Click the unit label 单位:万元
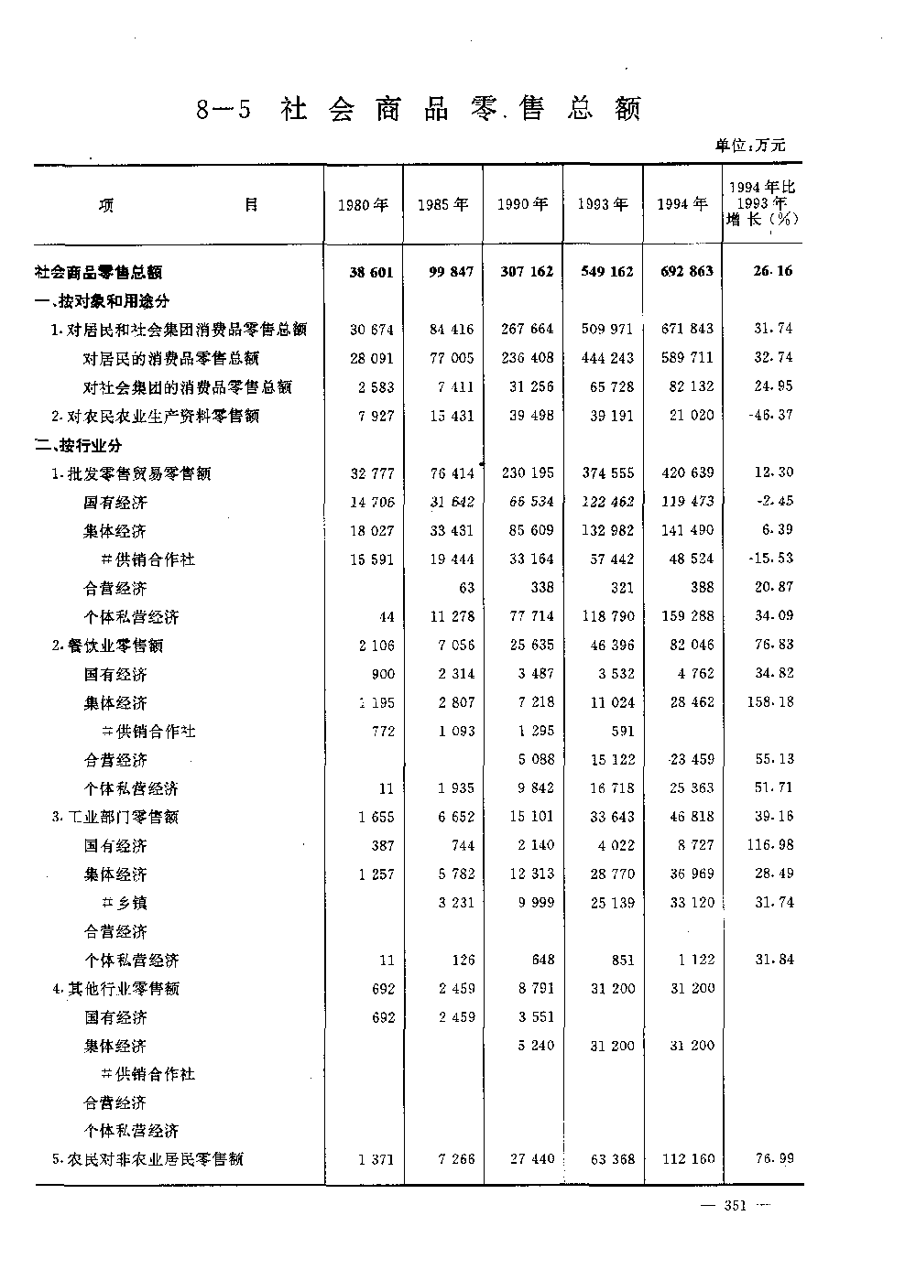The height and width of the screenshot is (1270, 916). (750, 145)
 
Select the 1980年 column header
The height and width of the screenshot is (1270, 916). (363, 205)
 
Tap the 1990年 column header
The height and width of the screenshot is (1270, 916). (522, 205)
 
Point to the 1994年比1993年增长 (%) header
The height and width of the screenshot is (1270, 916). (762, 203)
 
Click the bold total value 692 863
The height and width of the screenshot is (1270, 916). (686, 272)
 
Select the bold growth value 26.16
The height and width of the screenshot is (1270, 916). (774, 272)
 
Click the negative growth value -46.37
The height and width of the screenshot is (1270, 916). (772, 416)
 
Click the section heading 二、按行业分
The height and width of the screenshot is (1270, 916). (79, 445)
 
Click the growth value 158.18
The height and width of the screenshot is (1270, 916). (772, 702)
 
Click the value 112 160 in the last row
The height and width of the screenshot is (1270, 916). (688, 1159)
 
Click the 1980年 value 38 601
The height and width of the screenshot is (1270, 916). (371, 272)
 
